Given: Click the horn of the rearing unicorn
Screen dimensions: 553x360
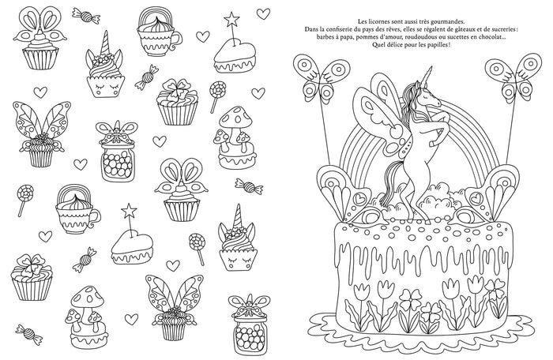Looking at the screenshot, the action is (429, 75).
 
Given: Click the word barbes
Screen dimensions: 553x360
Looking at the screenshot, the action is (325, 37).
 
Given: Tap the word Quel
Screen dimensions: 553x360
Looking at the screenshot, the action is (378, 45).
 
